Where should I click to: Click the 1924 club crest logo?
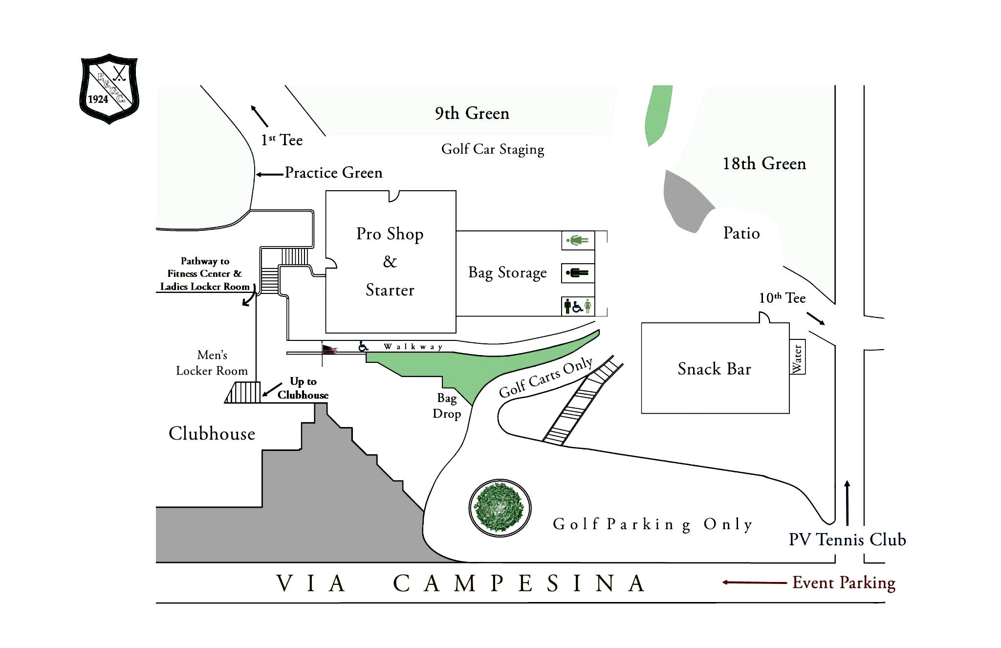(x=109, y=89)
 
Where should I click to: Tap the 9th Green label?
(x=472, y=113)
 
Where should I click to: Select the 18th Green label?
(x=764, y=163)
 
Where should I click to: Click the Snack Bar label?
(x=714, y=369)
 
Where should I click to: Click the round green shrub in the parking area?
(x=500, y=508)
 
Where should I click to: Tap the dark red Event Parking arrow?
(x=754, y=582)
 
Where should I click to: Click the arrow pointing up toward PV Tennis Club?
(x=847, y=503)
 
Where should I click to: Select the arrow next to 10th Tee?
(x=816, y=318)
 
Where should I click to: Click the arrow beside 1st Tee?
(x=259, y=116)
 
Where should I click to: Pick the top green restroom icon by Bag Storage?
(x=578, y=240)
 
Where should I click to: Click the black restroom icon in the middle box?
(x=578, y=273)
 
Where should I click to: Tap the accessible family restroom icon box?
(x=578, y=306)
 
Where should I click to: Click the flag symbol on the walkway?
(x=329, y=349)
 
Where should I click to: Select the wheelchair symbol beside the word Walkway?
(x=363, y=346)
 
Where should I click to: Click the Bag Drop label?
(x=447, y=406)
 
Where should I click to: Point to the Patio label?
(x=741, y=233)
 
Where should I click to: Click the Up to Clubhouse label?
(x=303, y=388)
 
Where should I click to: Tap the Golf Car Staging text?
(x=493, y=149)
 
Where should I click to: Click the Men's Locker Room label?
(x=212, y=363)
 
